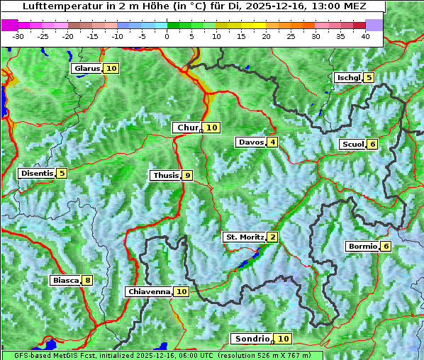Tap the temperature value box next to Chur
(x=212, y=128)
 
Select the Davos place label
(x=251, y=142)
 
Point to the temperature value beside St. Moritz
(x=273, y=237)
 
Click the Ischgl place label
(x=348, y=77)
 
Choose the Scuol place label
(x=352, y=145)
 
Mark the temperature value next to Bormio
(x=386, y=247)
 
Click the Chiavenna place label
(x=149, y=291)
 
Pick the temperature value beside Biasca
(x=87, y=281)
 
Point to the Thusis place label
(x=165, y=175)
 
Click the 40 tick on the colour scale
(x=365, y=36)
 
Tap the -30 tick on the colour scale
(x=18, y=36)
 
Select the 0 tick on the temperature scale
(x=167, y=36)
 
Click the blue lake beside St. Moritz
(x=245, y=263)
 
